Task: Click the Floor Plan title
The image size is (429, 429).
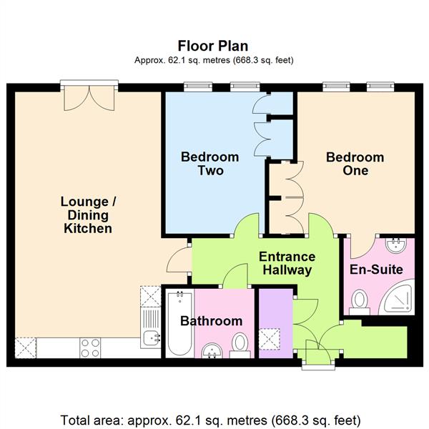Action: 214,46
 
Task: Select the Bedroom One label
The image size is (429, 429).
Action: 355,164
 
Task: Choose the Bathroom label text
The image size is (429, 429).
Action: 211,321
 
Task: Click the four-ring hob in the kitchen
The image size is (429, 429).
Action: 91,347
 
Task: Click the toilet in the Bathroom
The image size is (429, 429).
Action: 241,344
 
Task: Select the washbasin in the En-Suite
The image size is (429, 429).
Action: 395,247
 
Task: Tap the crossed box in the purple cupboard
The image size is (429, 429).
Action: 270,338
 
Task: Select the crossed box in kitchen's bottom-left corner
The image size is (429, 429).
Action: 25,347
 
